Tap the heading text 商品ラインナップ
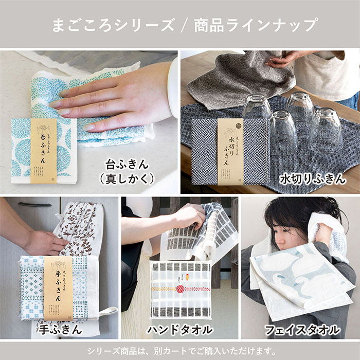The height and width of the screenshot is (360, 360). (x=255, y=25)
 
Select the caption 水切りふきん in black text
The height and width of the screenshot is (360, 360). (x=313, y=178)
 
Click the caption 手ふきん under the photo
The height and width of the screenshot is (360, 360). (x=61, y=329)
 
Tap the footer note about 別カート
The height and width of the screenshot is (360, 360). (x=180, y=351)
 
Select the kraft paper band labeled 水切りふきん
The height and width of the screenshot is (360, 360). (x=230, y=151)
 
